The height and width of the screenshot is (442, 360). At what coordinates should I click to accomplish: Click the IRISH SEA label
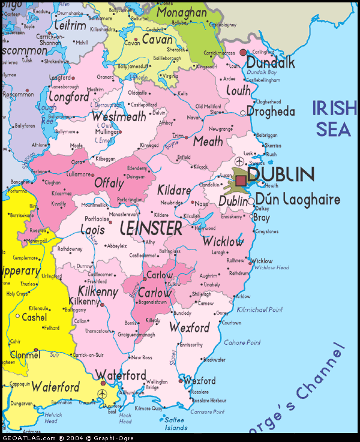(x=334, y=118)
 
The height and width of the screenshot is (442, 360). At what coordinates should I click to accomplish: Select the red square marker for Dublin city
(x=241, y=181)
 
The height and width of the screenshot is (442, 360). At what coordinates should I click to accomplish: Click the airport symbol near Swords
(x=239, y=162)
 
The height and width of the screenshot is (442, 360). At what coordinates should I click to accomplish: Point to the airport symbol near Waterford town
(x=101, y=393)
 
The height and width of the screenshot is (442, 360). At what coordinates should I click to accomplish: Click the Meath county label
(x=208, y=142)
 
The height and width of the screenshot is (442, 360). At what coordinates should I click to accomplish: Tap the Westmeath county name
(x=119, y=116)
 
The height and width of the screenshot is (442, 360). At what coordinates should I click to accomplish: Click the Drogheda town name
(x=271, y=112)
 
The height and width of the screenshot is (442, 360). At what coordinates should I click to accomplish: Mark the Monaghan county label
(x=181, y=13)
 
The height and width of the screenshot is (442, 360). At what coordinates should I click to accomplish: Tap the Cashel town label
(x=34, y=317)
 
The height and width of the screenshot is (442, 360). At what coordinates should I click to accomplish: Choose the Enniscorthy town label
(x=191, y=345)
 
